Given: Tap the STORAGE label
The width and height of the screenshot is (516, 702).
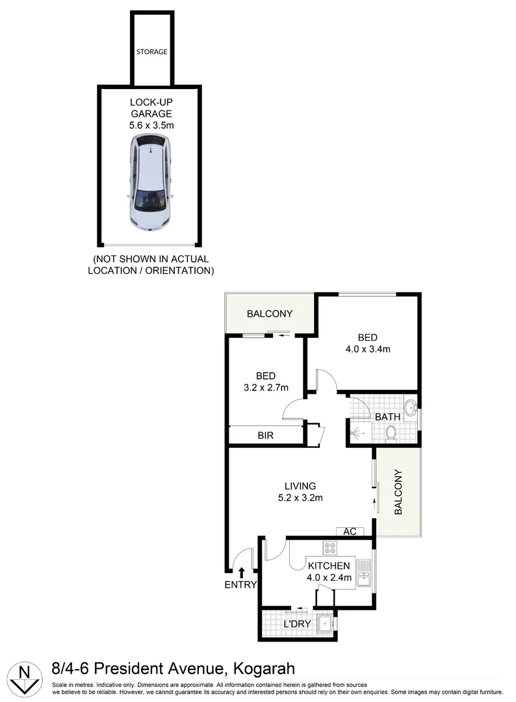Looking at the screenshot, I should point(151,51).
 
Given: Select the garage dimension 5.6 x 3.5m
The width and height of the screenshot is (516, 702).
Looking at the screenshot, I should point(151,125).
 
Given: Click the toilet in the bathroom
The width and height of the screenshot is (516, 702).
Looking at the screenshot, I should point(391,432).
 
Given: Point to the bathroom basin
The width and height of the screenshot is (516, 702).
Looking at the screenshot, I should point(410,408).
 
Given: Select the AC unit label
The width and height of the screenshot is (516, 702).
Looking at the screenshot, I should point(350,532).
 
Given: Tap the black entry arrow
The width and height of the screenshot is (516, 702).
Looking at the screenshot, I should point(241,572).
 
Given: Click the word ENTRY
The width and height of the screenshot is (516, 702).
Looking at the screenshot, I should point(240,584).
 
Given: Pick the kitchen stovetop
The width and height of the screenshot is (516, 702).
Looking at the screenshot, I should point(330,548).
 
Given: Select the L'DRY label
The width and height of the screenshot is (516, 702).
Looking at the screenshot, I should point(298,625).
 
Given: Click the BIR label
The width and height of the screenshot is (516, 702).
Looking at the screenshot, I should point(265,435).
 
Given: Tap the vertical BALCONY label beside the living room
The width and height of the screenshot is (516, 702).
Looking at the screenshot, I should point(399,492).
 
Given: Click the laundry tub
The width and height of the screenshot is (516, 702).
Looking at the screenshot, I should point(323,622).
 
